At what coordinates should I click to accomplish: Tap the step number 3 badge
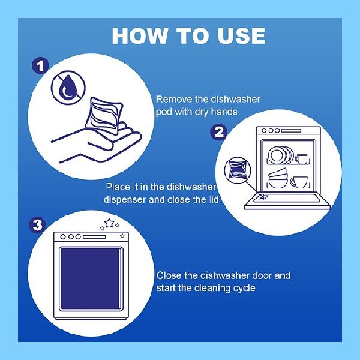37,226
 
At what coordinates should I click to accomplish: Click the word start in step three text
167,288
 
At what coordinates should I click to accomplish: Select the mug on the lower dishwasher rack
299,182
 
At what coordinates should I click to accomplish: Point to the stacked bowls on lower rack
278,178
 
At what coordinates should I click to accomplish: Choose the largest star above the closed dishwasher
109,223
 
